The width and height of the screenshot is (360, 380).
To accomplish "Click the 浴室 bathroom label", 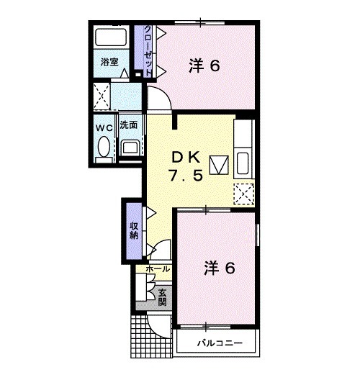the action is tap(109, 62).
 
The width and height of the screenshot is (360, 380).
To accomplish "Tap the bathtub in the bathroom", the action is tap(111, 37).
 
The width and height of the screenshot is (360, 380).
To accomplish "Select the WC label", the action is tap(104, 127).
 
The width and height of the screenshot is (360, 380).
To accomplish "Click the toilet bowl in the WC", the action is tap(104, 147).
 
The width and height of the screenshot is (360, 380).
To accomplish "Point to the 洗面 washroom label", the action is tap(128, 125).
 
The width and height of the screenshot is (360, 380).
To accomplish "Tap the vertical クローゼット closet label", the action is tap(148, 50).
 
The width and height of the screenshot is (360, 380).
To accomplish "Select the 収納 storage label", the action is tap(134, 231).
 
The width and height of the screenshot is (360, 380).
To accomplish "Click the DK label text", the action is tap(186, 158).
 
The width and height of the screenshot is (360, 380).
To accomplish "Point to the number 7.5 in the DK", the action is tap(186, 176).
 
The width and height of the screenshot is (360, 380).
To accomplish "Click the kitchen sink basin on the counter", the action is tap(243, 163).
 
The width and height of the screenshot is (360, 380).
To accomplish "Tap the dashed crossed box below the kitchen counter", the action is tap(243, 194).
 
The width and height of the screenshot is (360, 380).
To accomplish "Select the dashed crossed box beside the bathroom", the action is tap(102, 96).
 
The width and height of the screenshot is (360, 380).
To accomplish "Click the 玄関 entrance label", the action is tap(162, 297).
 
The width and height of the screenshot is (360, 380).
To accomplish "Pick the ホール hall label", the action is tap(158, 269).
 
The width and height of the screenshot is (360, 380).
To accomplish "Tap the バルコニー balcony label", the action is tap(220, 343).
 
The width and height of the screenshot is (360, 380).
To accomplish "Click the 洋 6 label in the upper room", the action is tap(204, 65).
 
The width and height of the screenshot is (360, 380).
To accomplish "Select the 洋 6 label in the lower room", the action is tap(220, 268).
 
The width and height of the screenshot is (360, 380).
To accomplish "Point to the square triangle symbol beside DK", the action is tap(219, 165).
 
